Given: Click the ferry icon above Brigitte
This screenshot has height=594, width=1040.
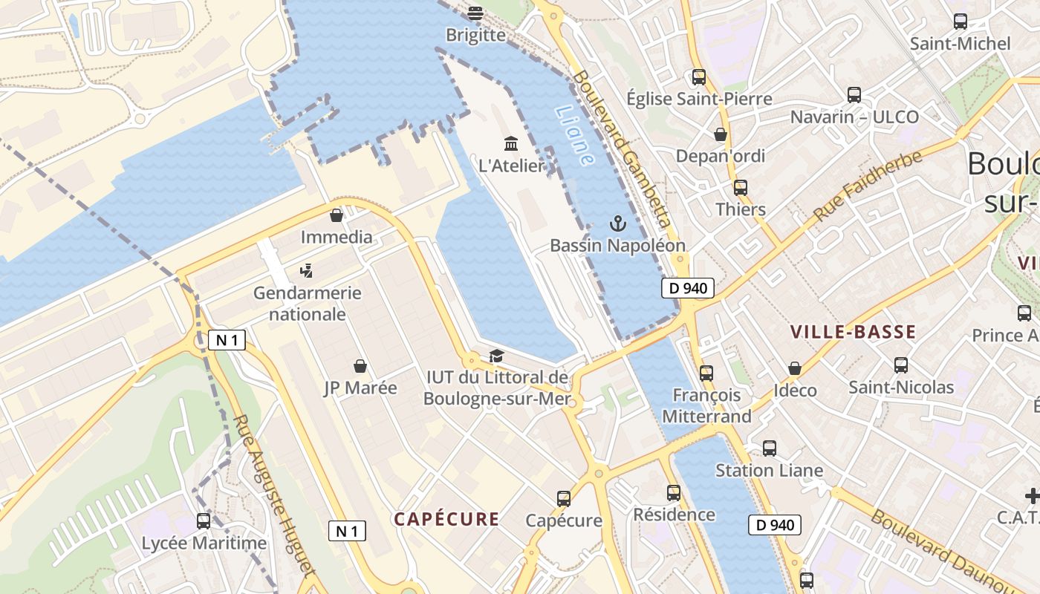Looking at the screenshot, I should pos(475,13).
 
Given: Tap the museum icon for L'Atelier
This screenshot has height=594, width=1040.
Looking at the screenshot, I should pos(511,143).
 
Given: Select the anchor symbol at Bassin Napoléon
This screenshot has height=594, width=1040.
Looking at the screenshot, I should pos(617,223).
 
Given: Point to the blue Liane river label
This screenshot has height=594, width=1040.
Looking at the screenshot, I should pos(575,134).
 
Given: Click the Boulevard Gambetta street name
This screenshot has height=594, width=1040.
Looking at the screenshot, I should pos(623,148).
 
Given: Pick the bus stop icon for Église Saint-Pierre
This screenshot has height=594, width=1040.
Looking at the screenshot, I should pos(698,76).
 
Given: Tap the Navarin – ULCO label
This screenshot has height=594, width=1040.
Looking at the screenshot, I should pos(854,117).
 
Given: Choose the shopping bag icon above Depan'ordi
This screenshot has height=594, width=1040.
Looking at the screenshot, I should pos(720,134).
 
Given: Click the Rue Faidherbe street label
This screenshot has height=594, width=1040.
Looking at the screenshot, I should pos(868,186).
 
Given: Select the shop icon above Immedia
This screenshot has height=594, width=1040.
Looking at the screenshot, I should pos(337,215).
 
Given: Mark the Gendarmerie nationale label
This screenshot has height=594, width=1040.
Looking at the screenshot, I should pos(308,303).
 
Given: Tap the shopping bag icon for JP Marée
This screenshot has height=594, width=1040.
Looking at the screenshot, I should pos(360,366).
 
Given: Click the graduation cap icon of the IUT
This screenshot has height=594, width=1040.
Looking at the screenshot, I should pos(495,356).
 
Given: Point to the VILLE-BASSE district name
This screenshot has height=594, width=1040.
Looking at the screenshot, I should pos(853,332).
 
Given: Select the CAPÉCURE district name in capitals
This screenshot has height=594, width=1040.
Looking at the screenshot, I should pos(446,519).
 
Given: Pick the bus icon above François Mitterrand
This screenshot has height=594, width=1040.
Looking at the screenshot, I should pos(706,373).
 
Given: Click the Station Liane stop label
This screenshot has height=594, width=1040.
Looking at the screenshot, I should pos(769,470).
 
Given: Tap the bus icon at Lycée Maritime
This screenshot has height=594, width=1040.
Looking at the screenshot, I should pos(204,521).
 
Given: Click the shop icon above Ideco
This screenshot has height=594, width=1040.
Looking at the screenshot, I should pos(795,368).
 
